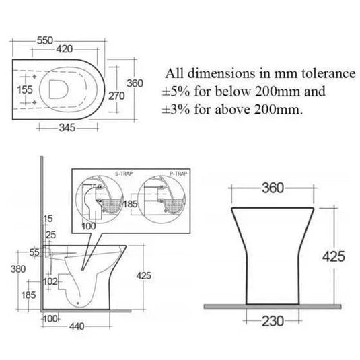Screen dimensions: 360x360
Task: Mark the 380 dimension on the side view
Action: click(x=20, y=269)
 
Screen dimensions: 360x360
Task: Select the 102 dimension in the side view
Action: click(x=49, y=281)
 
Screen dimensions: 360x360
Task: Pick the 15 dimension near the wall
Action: click(x=47, y=219)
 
